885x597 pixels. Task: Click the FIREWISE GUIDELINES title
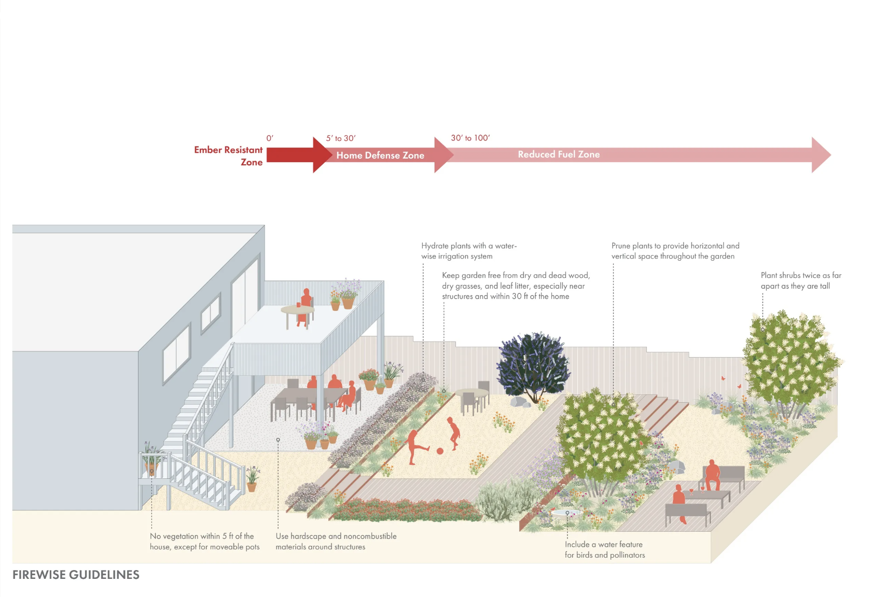pyautogui.click(x=76, y=575)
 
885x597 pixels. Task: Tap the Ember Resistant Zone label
pyautogui.click(x=229, y=155)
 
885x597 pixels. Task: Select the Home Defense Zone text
pyautogui.click(x=380, y=155)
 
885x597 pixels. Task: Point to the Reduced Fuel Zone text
pyautogui.click(x=559, y=154)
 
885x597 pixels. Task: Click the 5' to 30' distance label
pyautogui.click(x=341, y=138)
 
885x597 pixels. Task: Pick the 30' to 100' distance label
pyautogui.click(x=470, y=138)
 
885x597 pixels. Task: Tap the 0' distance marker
pyautogui.click(x=270, y=138)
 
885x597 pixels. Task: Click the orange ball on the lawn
pyautogui.click(x=440, y=451)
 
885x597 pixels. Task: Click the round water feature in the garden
pyautogui.click(x=564, y=513)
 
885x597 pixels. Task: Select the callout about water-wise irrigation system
pyautogui.click(x=468, y=251)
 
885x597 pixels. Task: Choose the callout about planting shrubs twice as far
pyautogui.click(x=800, y=280)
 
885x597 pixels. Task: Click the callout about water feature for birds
pyautogui.click(x=604, y=549)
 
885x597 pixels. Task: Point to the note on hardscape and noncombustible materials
pyautogui.click(x=336, y=541)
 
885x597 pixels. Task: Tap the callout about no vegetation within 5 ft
pyautogui.click(x=204, y=541)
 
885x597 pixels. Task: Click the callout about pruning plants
pyautogui.click(x=675, y=251)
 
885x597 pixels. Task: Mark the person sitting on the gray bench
pyautogui.click(x=712, y=474)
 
